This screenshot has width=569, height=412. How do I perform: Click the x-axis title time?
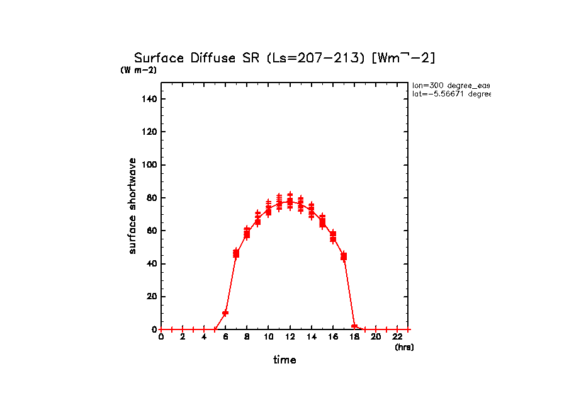click(x=284, y=360)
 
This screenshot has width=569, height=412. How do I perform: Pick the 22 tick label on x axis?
click(x=397, y=337)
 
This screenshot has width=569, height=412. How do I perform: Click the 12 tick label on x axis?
click(x=290, y=337)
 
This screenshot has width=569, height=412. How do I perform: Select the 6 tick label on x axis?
click(x=225, y=337)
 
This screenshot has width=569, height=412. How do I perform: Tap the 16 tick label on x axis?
click(x=333, y=337)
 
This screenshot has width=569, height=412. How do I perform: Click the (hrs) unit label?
click(x=403, y=347)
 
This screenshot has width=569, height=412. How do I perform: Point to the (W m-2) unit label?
click(x=138, y=71)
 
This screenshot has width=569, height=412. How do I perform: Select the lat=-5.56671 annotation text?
click(x=451, y=94)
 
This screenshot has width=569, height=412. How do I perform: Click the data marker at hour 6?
click(x=225, y=313)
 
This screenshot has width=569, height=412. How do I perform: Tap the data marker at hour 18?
click(x=354, y=326)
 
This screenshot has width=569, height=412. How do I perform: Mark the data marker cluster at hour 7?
click(x=236, y=253)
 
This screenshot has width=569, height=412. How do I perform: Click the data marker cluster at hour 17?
click(x=344, y=256)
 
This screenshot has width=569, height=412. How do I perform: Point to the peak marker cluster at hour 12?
click(x=290, y=202)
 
